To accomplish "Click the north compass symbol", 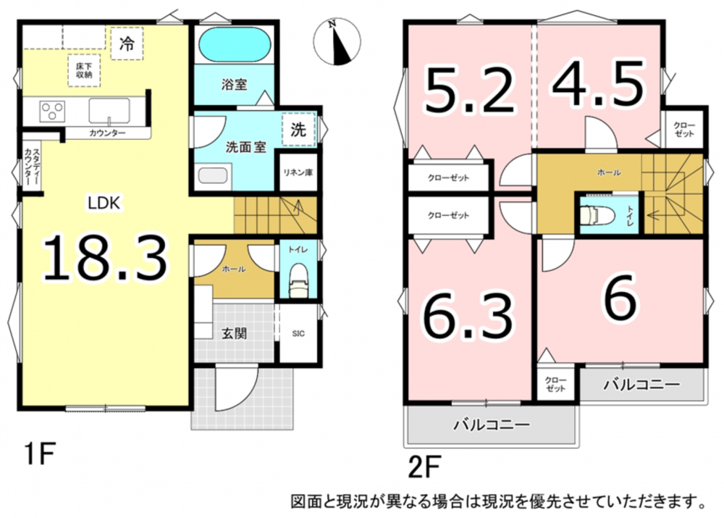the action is (337, 41).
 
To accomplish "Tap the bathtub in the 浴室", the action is (234, 44).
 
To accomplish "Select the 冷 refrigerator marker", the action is (127, 43).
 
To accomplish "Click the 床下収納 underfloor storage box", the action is (84, 71).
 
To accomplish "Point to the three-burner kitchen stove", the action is (51, 111).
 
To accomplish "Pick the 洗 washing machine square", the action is (298, 130).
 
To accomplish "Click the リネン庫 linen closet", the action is (298, 172).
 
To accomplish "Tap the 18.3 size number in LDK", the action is (104, 259).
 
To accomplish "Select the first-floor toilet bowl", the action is (298, 281).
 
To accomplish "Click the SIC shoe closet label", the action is (298, 334).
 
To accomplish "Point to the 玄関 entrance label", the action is (234, 333).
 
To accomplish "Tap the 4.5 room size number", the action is (598, 85).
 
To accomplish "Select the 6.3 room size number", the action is (468, 317).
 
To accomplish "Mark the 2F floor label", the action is (424, 467).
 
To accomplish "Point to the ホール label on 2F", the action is (609, 172).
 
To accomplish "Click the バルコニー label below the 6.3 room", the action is (492, 425).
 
